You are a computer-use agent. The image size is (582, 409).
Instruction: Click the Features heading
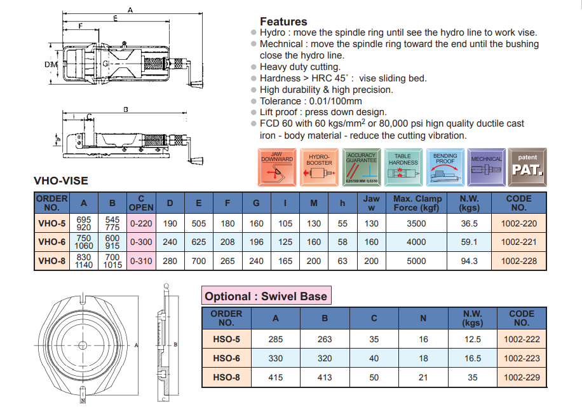283,21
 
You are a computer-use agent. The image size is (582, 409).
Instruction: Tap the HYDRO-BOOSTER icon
320,167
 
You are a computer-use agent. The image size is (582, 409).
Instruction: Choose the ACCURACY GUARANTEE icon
362,167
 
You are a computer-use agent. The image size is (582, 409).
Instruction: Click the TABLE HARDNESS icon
403,167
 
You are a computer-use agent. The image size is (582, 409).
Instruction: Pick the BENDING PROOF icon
445,167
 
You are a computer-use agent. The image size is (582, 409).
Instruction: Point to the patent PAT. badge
527,167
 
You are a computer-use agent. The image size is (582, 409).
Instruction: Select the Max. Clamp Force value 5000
417,261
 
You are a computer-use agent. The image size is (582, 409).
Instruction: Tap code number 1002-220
519,223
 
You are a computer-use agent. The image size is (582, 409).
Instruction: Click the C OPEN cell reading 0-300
141,242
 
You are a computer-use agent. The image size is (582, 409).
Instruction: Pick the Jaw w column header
371,203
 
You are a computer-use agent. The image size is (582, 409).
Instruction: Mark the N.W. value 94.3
469,261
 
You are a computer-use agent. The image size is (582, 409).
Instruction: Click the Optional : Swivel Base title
266,296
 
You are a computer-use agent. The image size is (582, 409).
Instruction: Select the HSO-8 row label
226,377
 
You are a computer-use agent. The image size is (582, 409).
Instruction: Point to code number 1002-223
522,358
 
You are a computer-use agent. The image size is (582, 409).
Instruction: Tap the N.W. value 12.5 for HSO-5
473,340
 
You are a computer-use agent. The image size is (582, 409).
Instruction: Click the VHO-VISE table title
60,181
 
